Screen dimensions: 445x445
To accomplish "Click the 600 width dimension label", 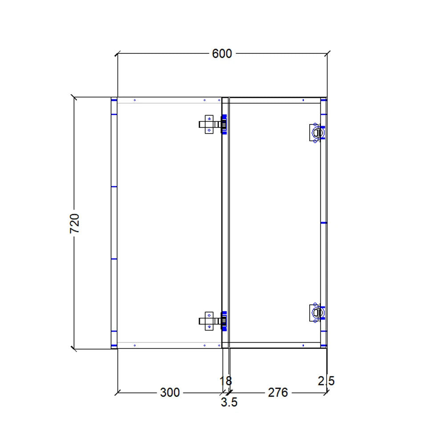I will tap(222, 54).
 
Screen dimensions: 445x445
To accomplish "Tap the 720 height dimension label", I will tap(74, 223).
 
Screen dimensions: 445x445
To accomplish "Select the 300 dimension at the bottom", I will tap(170, 392).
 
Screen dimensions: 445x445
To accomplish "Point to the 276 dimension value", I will tap(277, 392).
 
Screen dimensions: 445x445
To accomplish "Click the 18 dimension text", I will tap(226, 381).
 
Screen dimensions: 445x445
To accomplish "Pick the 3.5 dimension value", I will tap(229, 403).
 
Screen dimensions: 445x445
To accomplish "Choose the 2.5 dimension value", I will tap(326, 381).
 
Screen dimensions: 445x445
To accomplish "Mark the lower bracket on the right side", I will tap(316, 312).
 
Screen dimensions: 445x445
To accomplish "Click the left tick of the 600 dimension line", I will tap(117, 54).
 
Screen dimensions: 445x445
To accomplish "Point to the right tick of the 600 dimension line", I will tap(327, 54).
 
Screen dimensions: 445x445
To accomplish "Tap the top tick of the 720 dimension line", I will tap(74, 97).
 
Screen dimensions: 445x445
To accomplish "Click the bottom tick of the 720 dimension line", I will tap(74, 348).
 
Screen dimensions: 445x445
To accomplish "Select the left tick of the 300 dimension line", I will tap(117, 392).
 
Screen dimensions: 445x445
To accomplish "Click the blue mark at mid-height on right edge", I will tap(324, 222).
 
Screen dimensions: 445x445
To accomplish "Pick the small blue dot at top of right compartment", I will tap(303, 101).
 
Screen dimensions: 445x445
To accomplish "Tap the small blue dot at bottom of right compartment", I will tap(303, 345).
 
